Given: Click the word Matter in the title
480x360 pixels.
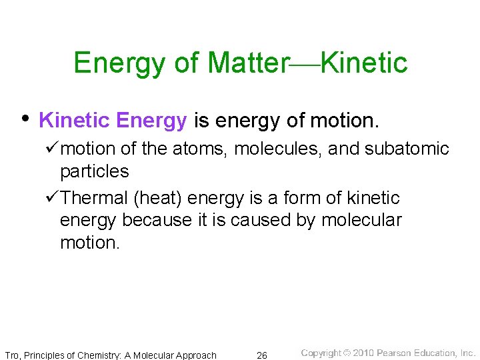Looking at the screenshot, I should pos(247,63).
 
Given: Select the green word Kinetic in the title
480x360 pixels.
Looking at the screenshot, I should pos(364,63).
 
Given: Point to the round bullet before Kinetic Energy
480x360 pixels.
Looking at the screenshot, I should pos(24,119).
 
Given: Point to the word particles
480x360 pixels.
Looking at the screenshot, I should pos(94,172).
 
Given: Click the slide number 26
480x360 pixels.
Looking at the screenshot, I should pos(262,355).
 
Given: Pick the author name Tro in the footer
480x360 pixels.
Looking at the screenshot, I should pos(13,355).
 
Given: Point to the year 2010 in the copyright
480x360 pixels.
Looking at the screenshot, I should pos(363,353).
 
